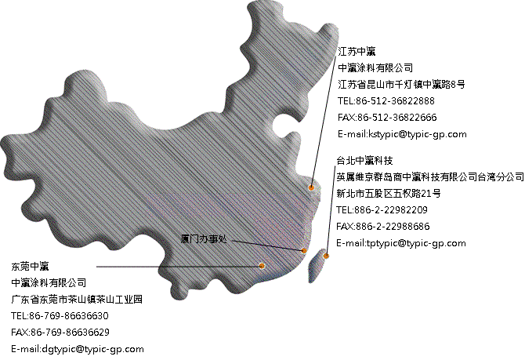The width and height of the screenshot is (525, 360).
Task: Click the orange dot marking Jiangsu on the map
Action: [x=311, y=187]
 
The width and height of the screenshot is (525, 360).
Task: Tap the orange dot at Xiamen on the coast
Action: [x=304, y=250]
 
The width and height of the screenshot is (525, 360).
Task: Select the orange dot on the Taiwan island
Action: [x=326, y=256]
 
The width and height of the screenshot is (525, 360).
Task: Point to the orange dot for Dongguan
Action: [x=262, y=266]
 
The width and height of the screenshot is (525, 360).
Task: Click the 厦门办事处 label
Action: [x=204, y=239]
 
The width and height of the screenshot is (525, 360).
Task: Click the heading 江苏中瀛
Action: [x=357, y=52]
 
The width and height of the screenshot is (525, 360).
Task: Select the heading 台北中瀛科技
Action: [x=364, y=161]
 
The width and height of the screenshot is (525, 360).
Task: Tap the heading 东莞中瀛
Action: [x=30, y=267]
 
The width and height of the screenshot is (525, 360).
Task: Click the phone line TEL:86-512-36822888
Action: [x=386, y=101]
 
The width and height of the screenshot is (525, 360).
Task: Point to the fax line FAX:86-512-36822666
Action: [x=387, y=118]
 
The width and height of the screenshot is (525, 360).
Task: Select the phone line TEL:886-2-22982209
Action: [x=382, y=210]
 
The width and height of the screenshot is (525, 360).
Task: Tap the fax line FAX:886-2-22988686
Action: [x=382, y=227]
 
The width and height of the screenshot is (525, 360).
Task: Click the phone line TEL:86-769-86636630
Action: [x=60, y=316]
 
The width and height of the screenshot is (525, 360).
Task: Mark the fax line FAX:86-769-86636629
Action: [x=60, y=333]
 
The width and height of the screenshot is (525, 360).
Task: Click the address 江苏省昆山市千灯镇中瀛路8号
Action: [x=401, y=85]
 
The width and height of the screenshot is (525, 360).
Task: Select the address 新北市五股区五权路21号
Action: [x=389, y=194]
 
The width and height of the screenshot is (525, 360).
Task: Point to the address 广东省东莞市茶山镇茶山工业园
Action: [x=77, y=300]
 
